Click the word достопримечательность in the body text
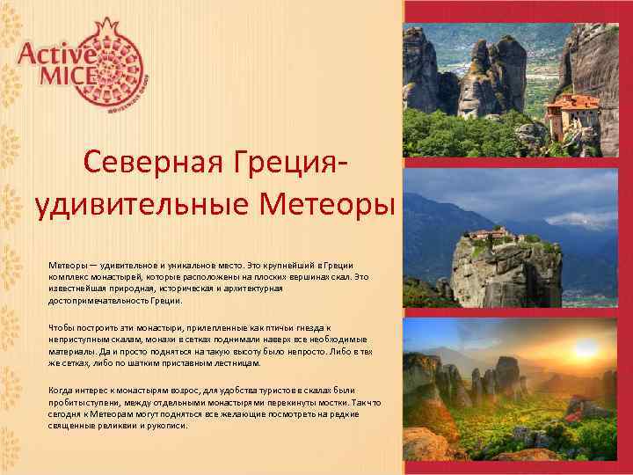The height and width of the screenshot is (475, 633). pyautogui.click(x=106, y=301)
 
